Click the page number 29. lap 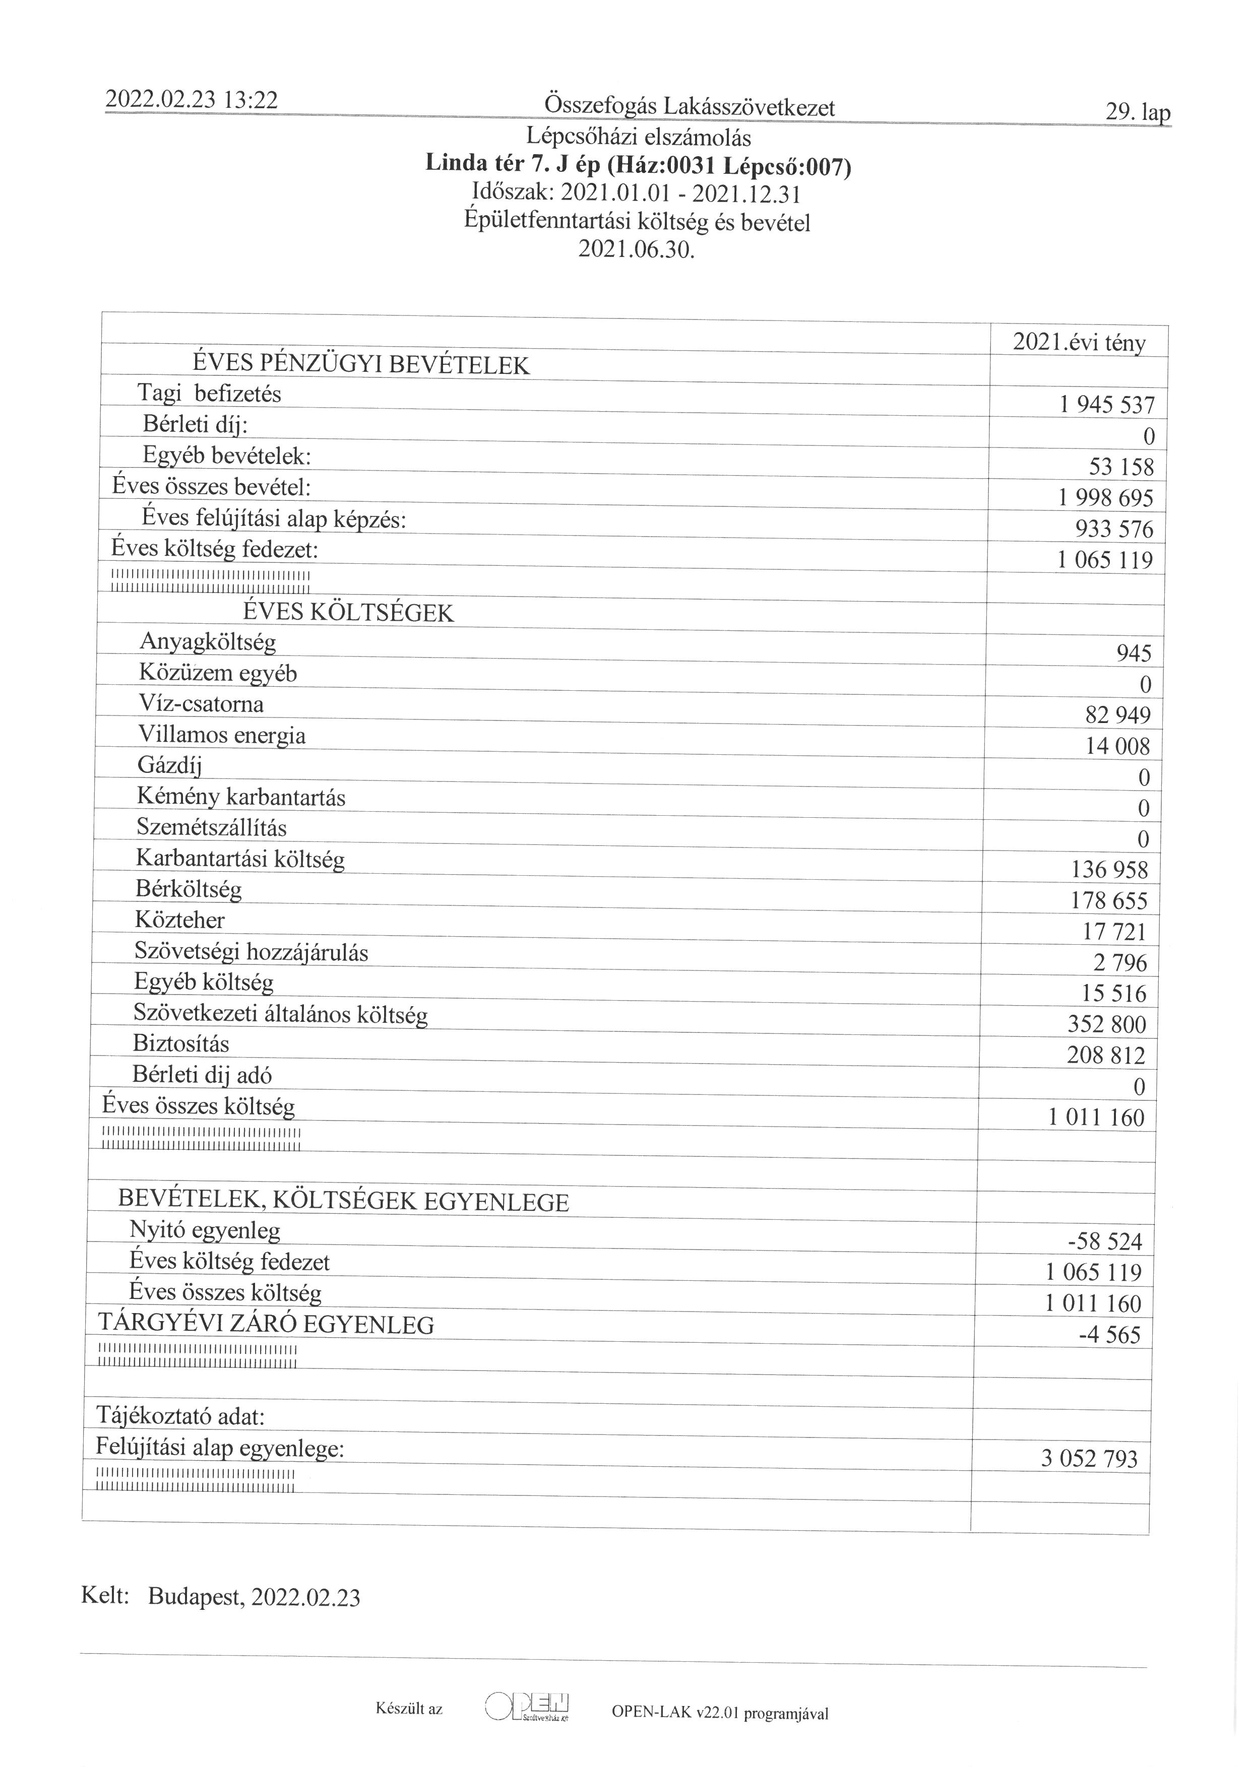click(x=1138, y=112)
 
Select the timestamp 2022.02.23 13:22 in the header click(x=191, y=100)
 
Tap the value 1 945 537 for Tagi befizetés click(x=1106, y=405)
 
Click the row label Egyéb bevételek click(x=226, y=455)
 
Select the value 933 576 click(x=1114, y=529)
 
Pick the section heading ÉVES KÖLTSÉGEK click(x=348, y=613)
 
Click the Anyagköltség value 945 click(x=1133, y=653)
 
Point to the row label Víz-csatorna click(x=201, y=703)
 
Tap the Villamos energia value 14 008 click(x=1117, y=746)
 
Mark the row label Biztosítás click(x=181, y=1043)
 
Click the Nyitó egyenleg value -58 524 click(x=1104, y=1241)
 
